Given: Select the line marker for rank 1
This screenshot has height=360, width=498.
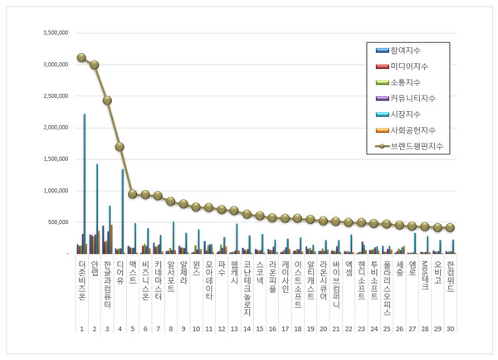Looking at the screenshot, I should [81, 58].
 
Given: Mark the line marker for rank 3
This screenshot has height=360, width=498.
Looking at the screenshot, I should [107, 100].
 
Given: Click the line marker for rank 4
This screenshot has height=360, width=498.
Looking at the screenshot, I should [120, 147].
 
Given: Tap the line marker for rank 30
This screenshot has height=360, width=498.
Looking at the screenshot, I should [451, 227].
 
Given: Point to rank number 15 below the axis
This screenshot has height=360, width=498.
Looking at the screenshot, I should [260, 328].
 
